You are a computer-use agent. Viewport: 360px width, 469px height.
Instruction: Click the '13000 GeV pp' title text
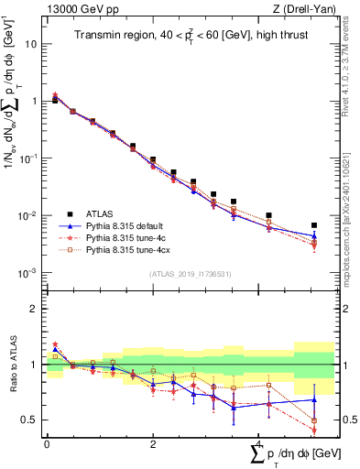[75, 9]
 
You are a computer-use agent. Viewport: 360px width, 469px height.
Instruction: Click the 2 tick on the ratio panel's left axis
[35, 309]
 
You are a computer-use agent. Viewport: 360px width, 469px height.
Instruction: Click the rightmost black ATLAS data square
[314, 224]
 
